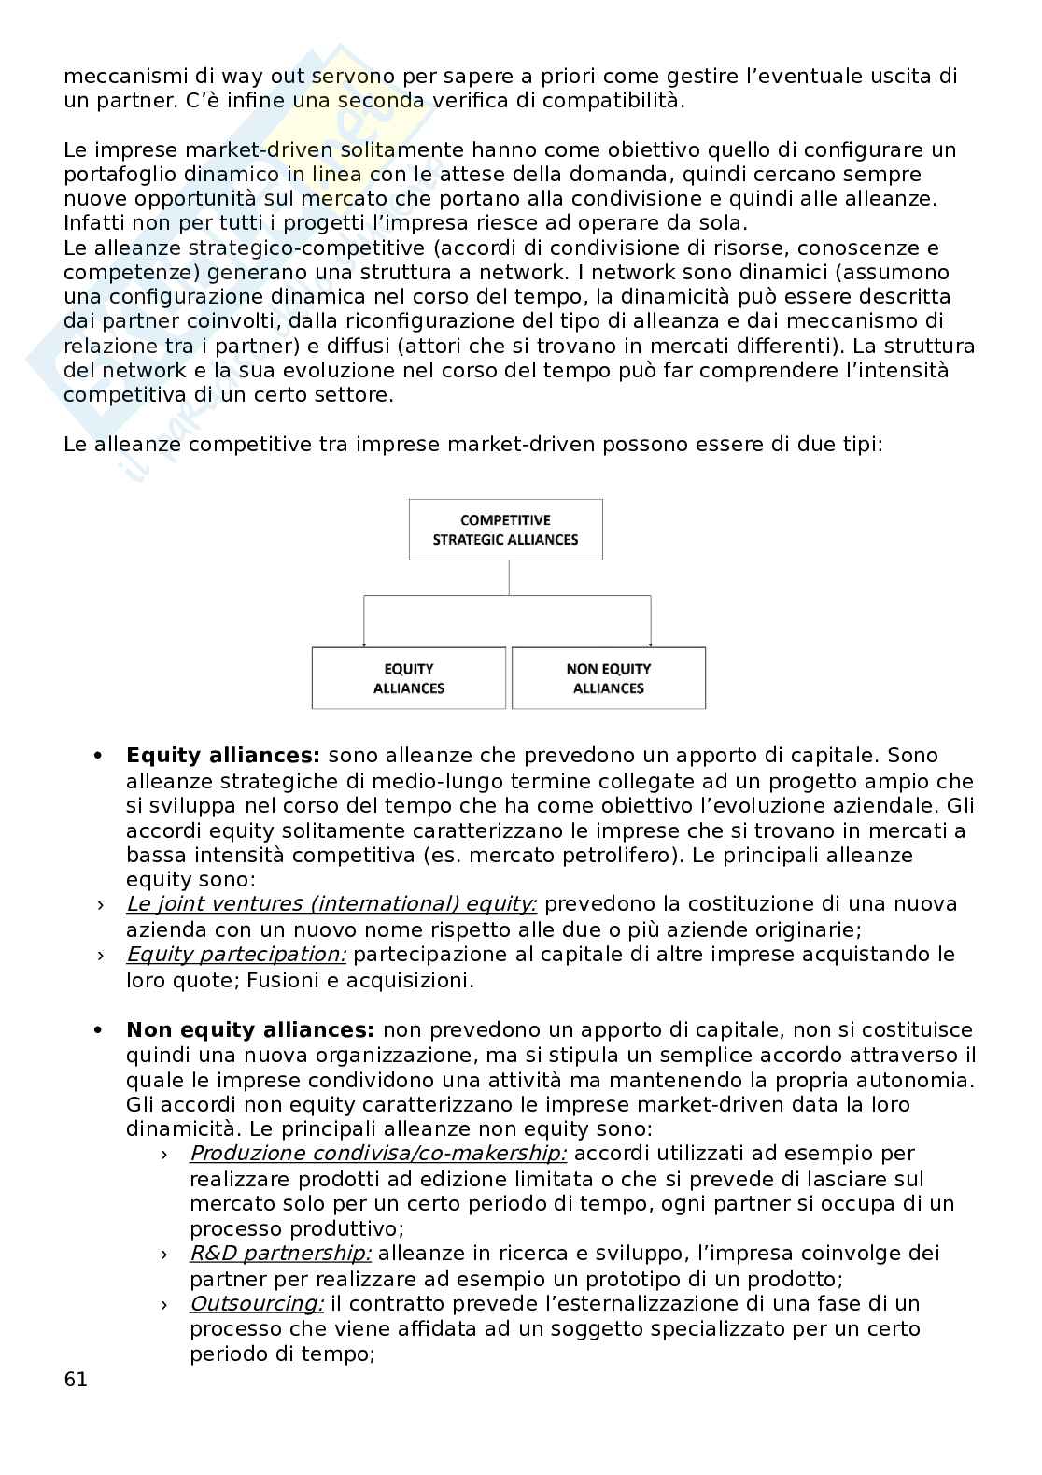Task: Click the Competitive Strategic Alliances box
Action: point(505,530)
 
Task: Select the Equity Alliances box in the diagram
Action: point(408,678)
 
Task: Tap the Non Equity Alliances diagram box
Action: point(609,678)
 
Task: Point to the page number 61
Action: point(76,1379)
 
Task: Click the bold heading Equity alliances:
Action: point(223,756)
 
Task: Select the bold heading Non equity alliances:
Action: point(250,1030)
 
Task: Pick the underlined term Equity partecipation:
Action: point(236,955)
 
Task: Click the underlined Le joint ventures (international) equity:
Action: point(331,904)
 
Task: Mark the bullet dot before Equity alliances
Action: point(97,757)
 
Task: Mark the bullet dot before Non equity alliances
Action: point(97,1031)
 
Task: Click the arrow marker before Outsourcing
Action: point(164,1305)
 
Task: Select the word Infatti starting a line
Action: point(94,223)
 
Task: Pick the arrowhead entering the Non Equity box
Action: point(650,645)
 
